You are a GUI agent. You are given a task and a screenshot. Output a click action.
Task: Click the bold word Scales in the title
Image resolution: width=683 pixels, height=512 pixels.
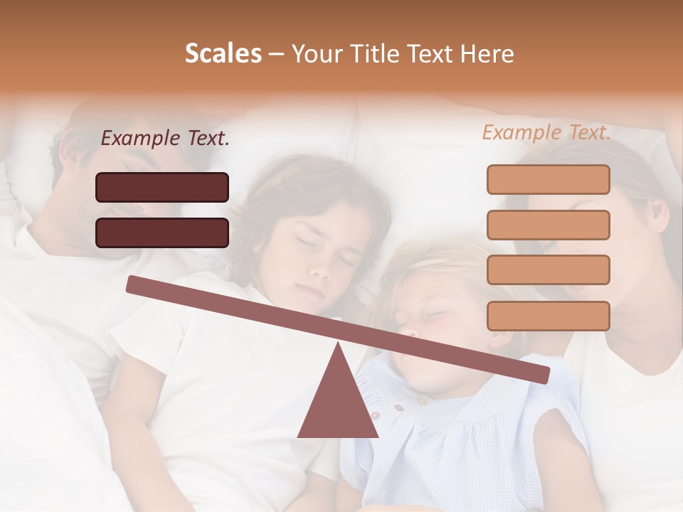[223, 54]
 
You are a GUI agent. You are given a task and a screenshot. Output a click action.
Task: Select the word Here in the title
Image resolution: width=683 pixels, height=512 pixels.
[487, 54]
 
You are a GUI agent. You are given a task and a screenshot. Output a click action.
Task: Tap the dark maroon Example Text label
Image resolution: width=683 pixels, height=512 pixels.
[165, 139]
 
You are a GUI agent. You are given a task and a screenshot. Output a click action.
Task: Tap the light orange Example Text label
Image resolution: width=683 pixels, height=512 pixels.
[546, 132]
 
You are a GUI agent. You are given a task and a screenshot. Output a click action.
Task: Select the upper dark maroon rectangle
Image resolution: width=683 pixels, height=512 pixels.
[162, 187]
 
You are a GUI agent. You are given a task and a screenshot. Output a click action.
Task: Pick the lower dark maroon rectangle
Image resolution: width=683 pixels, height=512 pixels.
[162, 233]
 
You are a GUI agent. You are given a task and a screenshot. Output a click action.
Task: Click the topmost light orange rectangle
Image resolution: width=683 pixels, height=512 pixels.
[548, 179]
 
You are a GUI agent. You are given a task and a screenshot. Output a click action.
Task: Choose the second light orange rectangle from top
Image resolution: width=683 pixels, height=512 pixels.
[548, 225]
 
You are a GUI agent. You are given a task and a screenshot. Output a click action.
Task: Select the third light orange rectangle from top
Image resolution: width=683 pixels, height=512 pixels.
[548, 270]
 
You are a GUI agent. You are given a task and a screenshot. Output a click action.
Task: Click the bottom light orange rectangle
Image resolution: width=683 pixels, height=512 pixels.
[548, 316]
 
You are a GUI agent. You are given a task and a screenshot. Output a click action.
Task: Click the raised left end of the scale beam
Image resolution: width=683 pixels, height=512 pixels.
[135, 284]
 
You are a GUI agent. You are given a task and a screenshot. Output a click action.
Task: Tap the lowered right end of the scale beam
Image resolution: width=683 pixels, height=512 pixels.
[541, 373]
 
